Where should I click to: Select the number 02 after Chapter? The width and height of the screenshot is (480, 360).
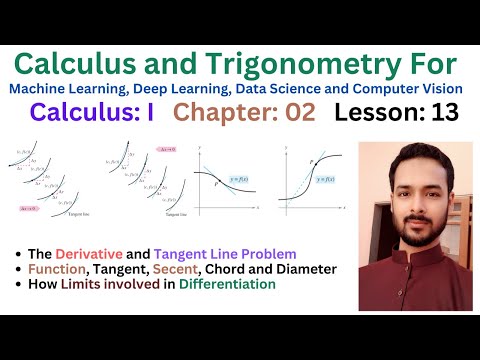[294, 113]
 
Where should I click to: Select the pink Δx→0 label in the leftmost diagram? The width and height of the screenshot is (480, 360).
[31, 209]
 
